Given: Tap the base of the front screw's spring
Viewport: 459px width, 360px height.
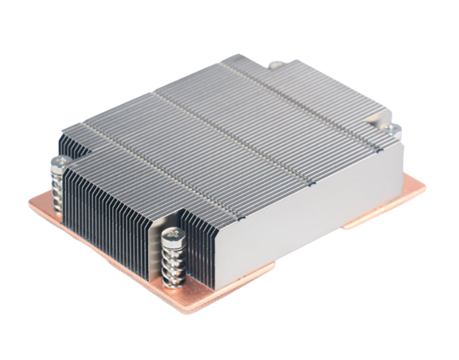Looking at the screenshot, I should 175,281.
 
